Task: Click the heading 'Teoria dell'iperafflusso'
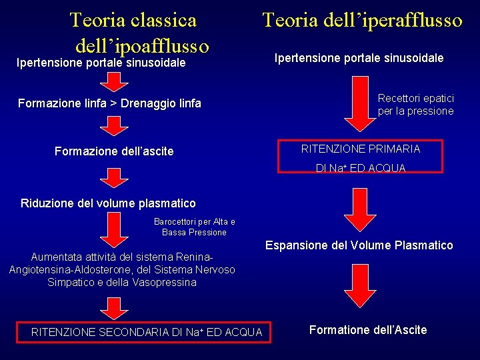[362, 20]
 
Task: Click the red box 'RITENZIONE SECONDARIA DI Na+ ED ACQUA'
[147, 332]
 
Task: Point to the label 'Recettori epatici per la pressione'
[415, 105]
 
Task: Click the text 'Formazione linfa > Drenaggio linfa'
[109, 103]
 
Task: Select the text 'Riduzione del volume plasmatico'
[108, 203]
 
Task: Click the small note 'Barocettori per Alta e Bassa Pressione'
[194, 227]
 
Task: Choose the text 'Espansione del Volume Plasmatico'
[359, 245]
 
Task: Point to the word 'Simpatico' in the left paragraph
[71, 282]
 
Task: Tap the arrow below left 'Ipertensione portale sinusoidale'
[115, 81]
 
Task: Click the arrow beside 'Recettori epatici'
[361, 103]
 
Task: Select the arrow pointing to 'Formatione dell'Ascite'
[360, 288]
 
